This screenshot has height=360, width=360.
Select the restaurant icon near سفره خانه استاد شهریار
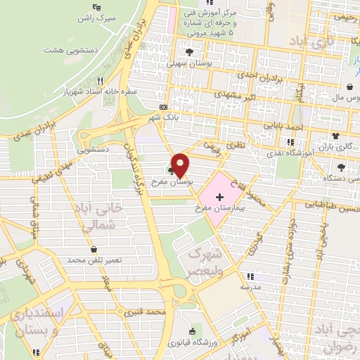point(100,82)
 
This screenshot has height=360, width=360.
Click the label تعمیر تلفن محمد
point(95,260)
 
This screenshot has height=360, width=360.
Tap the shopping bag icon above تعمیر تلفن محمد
point(94,250)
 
